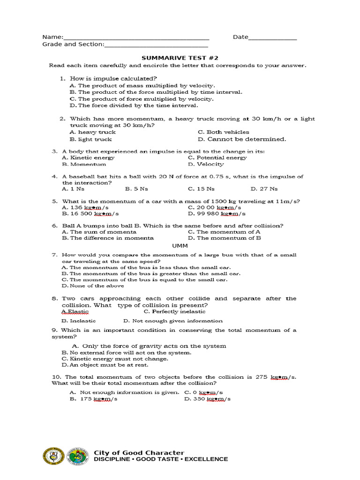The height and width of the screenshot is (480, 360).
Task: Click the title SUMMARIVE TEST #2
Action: (180, 58)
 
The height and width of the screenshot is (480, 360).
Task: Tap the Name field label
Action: (52, 37)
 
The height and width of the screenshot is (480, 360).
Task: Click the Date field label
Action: (240, 37)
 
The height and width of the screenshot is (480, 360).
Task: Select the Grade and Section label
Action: (73, 45)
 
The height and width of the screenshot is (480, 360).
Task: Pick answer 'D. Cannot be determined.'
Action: (241, 139)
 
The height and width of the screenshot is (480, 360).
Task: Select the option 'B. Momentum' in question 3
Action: (84, 164)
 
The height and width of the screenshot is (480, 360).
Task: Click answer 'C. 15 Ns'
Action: (201, 189)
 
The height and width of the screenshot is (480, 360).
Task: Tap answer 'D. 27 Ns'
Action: (264, 189)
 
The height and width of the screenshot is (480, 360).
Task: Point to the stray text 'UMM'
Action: (180, 246)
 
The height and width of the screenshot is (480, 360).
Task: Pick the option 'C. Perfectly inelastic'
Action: (174, 311)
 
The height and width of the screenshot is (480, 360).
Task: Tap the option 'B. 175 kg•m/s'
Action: (93, 399)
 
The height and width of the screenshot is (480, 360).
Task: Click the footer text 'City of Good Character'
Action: (139, 452)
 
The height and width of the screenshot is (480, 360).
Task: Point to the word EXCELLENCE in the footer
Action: (206, 459)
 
